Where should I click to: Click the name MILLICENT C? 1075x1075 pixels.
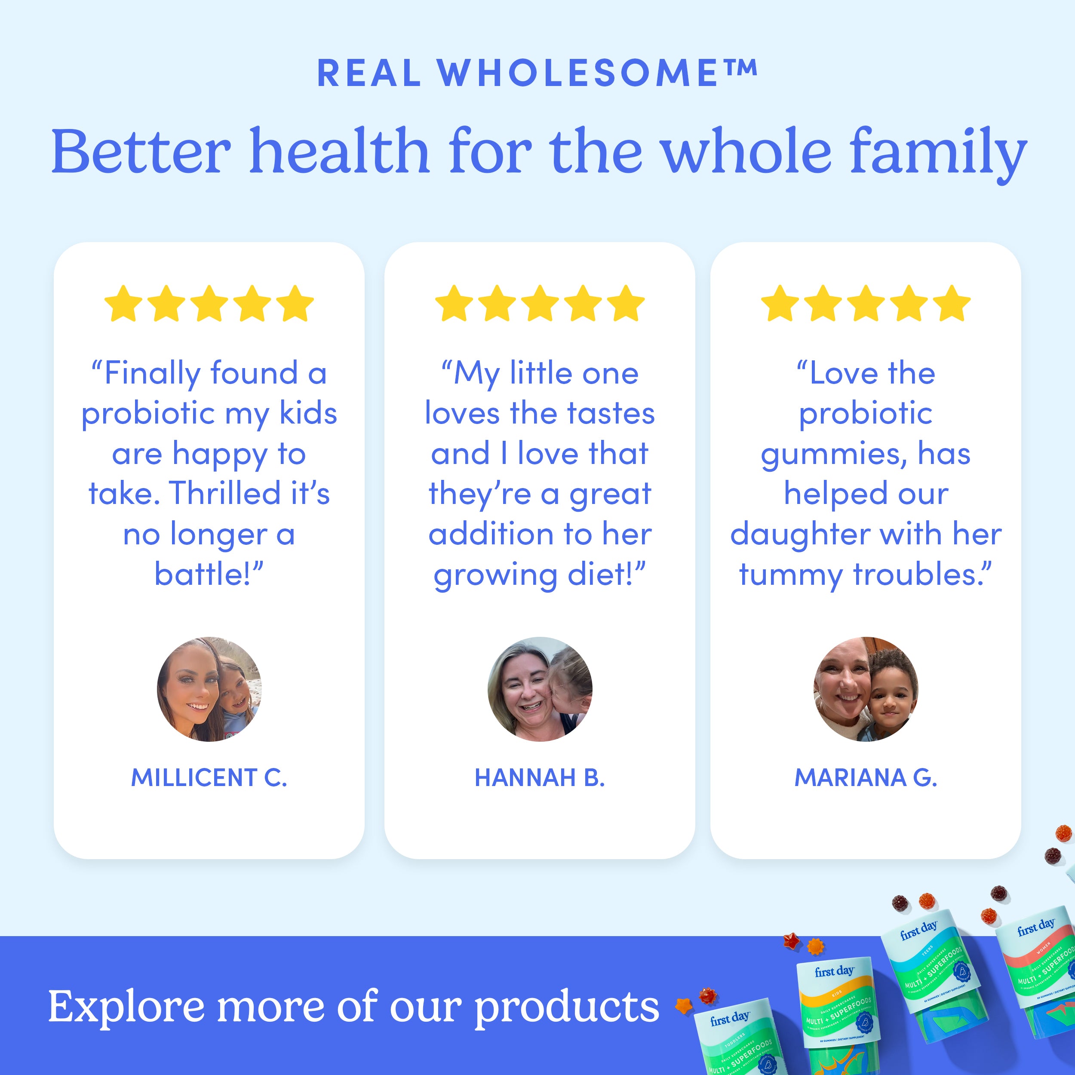[x=209, y=777]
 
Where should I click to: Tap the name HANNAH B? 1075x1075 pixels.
[x=539, y=777]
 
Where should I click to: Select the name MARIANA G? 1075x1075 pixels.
[x=865, y=777]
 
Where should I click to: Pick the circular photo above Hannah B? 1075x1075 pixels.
[x=539, y=689]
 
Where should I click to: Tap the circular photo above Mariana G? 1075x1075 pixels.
[x=865, y=689]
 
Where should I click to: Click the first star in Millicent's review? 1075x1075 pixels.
[x=123, y=304]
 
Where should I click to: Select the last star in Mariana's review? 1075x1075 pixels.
[x=952, y=304]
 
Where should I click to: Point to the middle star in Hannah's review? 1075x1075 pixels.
[x=539, y=304]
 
